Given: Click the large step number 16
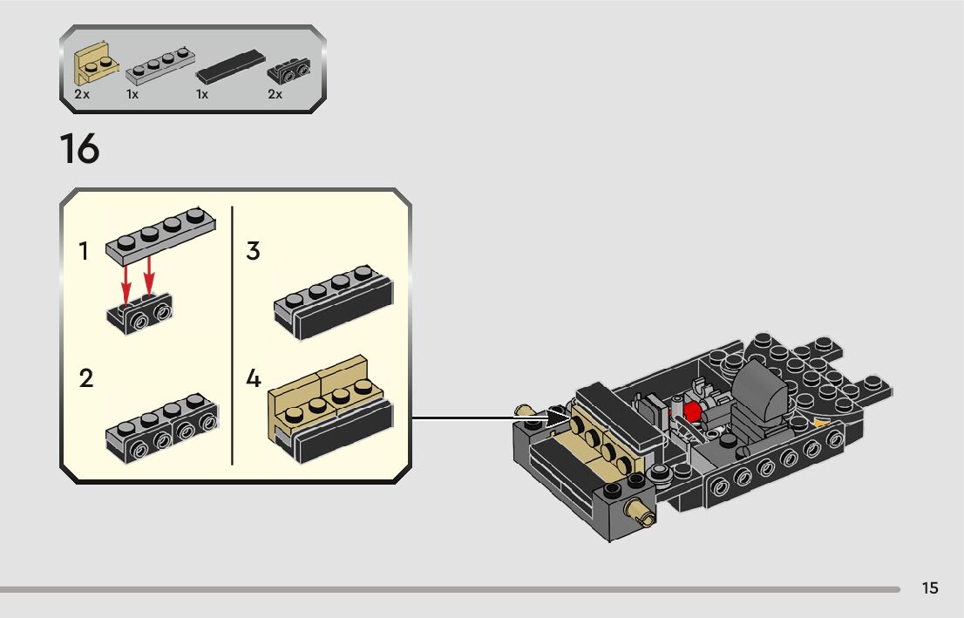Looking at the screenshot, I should [x=79, y=149].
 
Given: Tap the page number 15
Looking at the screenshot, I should [x=930, y=588].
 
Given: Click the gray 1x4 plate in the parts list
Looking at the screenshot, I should [x=159, y=65].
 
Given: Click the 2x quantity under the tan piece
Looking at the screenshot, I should [x=82, y=94].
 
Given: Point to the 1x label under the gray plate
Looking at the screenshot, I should [x=132, y=94].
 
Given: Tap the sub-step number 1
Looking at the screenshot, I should [x=84, y=252].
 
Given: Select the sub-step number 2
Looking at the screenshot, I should [x=85, y=379].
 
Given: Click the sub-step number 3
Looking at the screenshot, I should [x=253, y=252].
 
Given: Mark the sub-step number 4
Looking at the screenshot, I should [x=254, y=379].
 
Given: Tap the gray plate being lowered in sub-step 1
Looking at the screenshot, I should [x=161, y=234].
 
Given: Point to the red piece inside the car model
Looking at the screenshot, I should [x=693, y=411].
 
